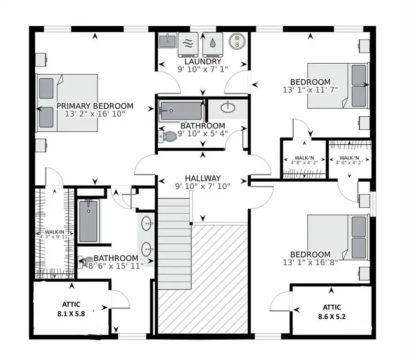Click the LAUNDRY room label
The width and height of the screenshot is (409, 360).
(203, 61)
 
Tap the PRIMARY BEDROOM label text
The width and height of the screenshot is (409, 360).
(95, 106)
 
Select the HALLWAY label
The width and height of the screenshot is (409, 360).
(202, 178)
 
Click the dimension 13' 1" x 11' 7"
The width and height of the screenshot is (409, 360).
(311, 89)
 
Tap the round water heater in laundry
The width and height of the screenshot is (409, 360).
(237, 41)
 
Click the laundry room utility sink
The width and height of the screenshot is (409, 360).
(167, 40)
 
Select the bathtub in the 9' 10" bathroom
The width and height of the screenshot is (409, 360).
(180, 112)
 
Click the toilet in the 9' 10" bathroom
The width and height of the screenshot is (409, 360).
(169, 136)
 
